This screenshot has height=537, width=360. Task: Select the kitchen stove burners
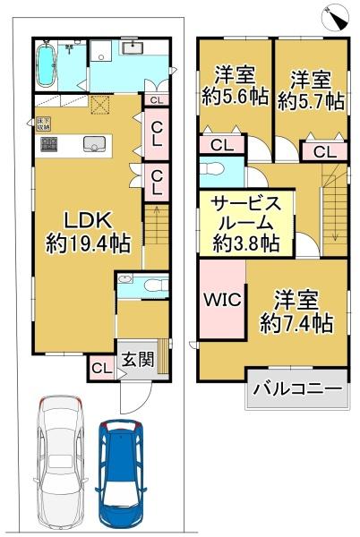(x=47, y=143)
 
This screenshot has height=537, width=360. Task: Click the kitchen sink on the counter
(x=91, y=142)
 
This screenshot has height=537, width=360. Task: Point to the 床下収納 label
(x=42, y=122)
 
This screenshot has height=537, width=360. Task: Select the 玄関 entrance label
(x=135, y=361)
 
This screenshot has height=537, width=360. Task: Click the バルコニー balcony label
(x=296, y=389)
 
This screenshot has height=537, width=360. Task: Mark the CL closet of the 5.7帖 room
(x=324, y=152)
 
